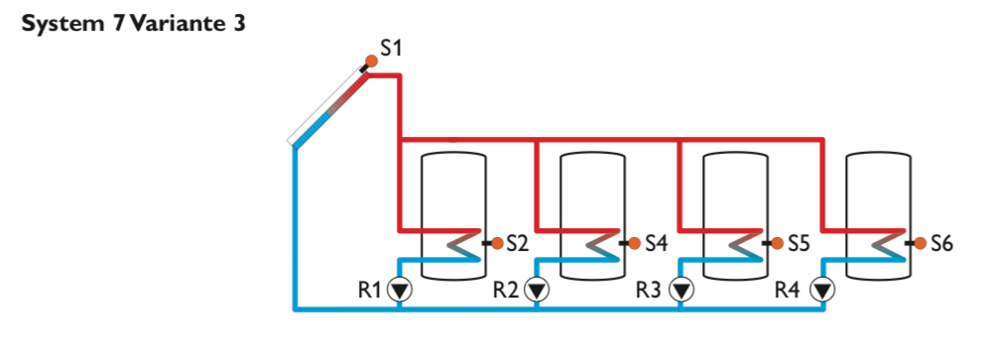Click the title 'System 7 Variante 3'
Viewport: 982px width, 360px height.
coord(132,23)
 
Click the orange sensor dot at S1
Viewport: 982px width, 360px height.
coord(371,61)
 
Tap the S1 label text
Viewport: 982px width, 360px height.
coord(392,47)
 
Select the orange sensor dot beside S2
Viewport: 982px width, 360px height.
coord(497,242)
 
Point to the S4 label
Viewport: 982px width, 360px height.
coord(657,242)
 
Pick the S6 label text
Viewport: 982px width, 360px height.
coord(941,242)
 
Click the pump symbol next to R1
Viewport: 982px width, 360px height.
coord(399,291)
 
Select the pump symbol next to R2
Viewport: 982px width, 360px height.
coord(537,291)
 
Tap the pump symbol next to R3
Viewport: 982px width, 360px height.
coord(680,291)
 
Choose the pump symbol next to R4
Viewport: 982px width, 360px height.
coord(823,291)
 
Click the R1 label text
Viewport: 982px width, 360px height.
coord(370,291)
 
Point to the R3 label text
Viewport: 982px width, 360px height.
coord(651,291)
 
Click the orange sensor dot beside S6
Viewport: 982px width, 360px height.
coord(921,242)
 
